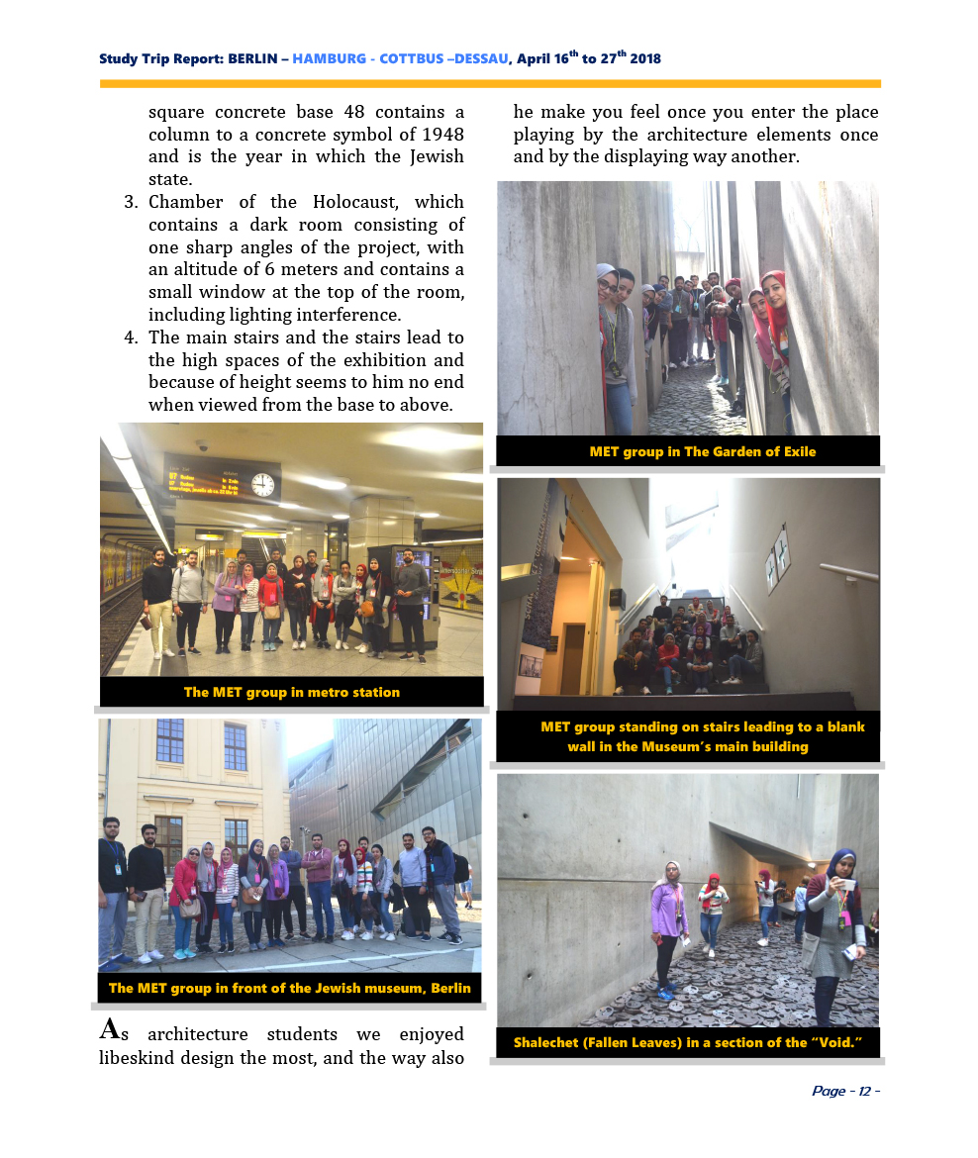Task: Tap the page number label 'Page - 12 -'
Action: click(845, 1091)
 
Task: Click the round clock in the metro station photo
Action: click(262, 484)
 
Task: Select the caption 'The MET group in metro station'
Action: click(292, 692)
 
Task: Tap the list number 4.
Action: click(130, 338)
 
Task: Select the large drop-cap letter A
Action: click(111, 1028)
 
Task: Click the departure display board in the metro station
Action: click(212, 477)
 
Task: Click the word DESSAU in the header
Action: click(481, 58)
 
